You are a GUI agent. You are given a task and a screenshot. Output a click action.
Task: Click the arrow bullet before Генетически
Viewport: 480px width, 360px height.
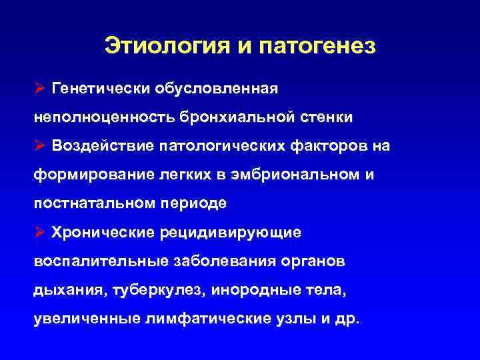[x=40, y=88]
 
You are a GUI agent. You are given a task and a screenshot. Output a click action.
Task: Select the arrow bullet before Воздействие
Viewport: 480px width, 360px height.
[x=40, y=145]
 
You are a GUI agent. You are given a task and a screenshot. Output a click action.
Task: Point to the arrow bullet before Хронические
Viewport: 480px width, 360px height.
[x=40, y=232]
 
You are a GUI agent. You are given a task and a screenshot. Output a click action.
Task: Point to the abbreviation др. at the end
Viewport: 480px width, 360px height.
[x=347, y=319]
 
